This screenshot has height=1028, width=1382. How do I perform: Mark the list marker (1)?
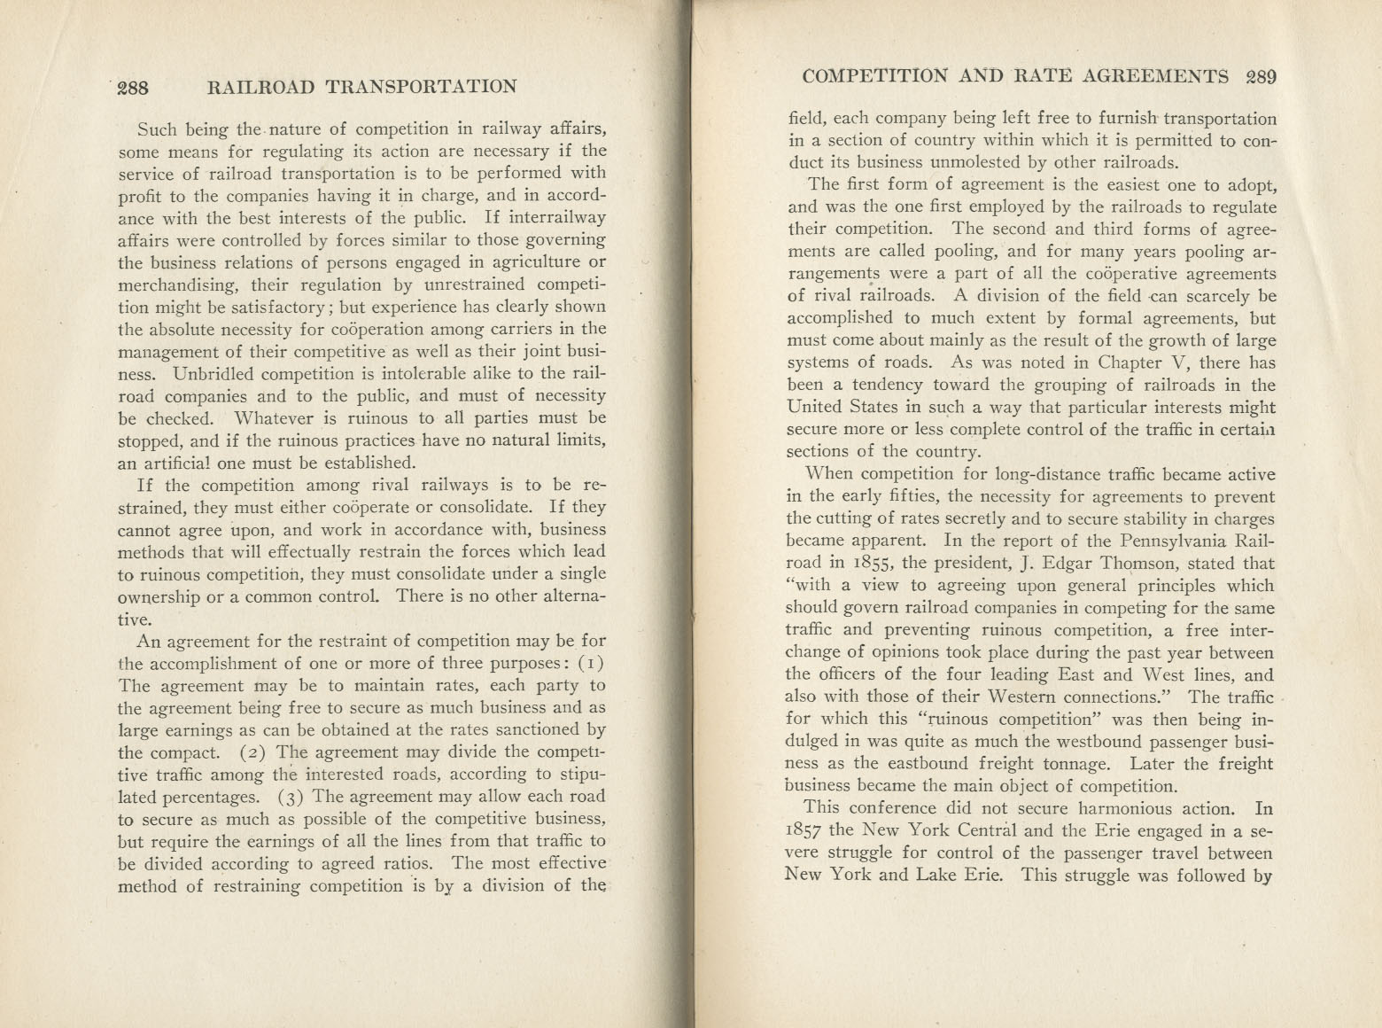tap(592, 663)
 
